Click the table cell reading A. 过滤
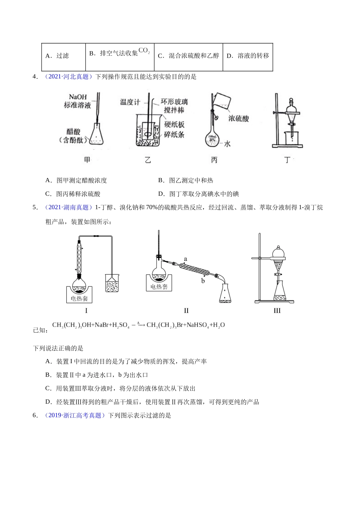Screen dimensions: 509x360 (x=63, y=56)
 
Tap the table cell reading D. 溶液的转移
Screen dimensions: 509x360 (x=247, y=56)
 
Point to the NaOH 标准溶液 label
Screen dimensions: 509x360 (x=77, y=101)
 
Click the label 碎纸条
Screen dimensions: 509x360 (x=174, y=134)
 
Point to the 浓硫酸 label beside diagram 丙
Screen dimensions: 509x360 (x=239, y=119)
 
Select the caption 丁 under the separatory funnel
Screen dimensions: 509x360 (x=287, y=160)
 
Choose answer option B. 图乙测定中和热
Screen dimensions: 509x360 (x=186, y=180)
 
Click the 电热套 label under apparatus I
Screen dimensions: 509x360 (x=79, y=298)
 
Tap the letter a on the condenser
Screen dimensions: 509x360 (x=185, y=259)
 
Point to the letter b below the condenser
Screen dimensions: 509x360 (x=203, y=281)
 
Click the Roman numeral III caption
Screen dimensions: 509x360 (x=277, y=311)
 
